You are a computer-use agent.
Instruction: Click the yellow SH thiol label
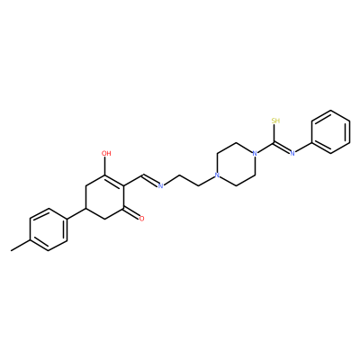[275, 121]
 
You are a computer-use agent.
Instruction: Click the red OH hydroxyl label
[106, 154]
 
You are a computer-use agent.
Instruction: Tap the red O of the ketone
[141, 219]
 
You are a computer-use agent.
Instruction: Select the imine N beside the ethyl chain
[160, 186]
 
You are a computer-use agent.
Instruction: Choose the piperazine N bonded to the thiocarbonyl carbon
[255, 154]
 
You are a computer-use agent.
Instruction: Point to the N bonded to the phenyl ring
[292, 154]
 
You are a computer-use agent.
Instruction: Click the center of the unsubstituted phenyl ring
[330, 132]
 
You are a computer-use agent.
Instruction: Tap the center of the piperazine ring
[236, 165]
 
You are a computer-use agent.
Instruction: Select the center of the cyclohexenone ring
[104, 197]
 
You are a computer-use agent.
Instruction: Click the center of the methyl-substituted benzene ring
[48, 229]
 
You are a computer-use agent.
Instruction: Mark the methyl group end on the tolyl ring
[11, 250]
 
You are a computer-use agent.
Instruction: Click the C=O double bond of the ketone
[130, 212]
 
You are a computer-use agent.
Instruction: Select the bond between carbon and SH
[274, 133]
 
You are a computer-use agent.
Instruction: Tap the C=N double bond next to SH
[282, 148]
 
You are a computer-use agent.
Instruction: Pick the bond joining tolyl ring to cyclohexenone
[76, 213]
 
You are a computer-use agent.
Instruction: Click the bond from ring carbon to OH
[104, 166]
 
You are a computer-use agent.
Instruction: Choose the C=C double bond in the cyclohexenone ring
[114, 181]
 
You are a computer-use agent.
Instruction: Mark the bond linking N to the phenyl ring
[303, 148]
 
